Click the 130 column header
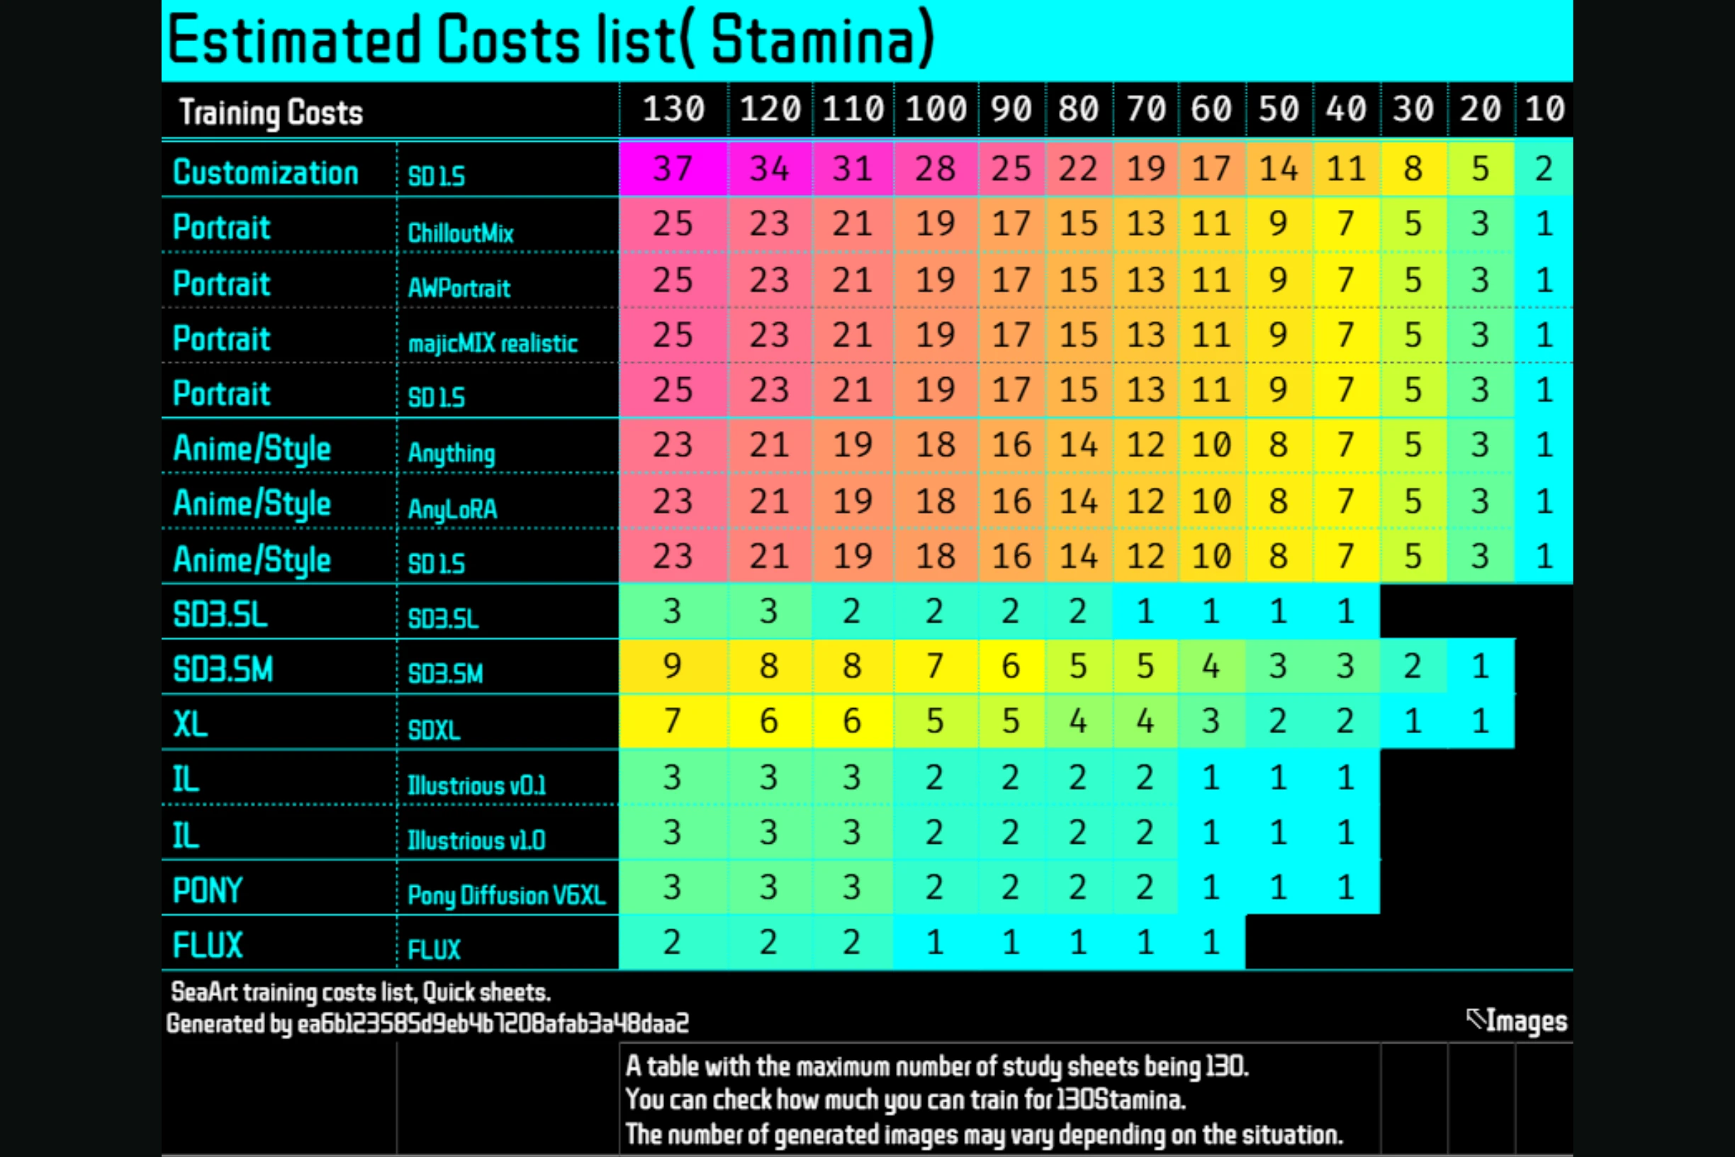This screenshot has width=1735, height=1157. (x=673, y=109)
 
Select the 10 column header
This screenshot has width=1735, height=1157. (x=1544, y=109)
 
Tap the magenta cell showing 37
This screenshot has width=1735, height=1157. (x=673, y=168)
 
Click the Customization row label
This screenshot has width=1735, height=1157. (x=266, y=173)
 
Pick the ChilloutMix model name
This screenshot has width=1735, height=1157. (x=460, y=233)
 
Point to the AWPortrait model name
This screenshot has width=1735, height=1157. (x=459, y=288)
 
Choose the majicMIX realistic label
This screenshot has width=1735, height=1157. (x=492, y=343)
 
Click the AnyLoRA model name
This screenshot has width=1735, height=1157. (x=452, y=508)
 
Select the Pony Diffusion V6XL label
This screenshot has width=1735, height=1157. (x=506, y=895)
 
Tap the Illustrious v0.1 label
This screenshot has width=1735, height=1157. (x=476, y=785)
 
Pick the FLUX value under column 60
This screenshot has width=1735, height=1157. (x=1211, y=942)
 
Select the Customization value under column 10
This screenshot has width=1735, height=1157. (x=1543, y=168)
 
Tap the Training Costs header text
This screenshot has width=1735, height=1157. (x=271, y=112)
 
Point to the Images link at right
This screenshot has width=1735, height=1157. (x=1524, y=1020)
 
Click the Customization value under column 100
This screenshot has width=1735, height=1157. (x=936, y=168)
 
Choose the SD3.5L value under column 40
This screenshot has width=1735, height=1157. (x=1345, y=611)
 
